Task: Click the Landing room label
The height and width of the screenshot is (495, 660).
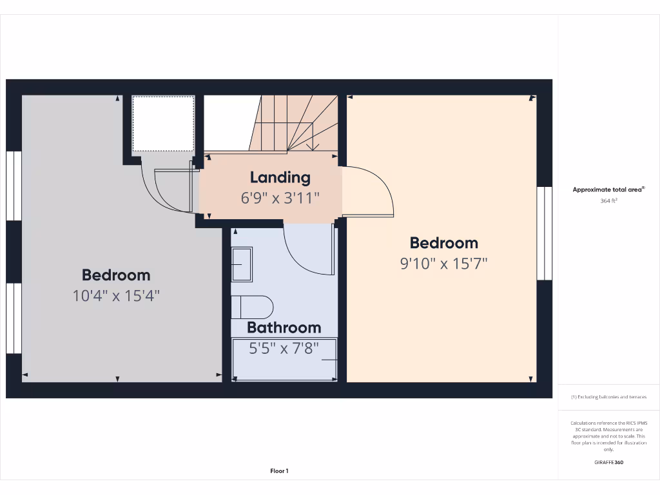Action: [x=280, y=177]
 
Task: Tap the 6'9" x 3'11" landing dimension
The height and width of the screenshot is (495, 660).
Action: [x=280, y=198]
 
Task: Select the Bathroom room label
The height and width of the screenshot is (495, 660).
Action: [x=284, y=327]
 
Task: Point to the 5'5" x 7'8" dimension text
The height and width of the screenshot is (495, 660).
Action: [x=284, y=349]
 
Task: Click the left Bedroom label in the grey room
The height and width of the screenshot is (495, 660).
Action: [x=116, y=275]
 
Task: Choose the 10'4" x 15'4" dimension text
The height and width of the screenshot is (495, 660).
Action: [x=116, y=296]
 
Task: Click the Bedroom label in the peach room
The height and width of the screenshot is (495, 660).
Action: [x=444, y=243]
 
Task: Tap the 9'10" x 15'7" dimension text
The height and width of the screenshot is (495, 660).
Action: [x=444, y=264]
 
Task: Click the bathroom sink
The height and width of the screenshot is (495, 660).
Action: [x=242, y=264]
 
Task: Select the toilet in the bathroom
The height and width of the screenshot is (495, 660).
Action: [x=253, y=307]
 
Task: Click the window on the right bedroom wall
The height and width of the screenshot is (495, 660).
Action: [x=545, y=233]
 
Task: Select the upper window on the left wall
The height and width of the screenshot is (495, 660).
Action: [x=14, y=186]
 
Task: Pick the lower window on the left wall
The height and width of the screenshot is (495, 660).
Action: [x=14, y=318]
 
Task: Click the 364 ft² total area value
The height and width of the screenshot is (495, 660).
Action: [x=608, y=201]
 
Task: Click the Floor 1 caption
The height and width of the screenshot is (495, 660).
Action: [x=279, y=471]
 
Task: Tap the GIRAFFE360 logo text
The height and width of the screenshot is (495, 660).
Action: [x=608, y=462]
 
